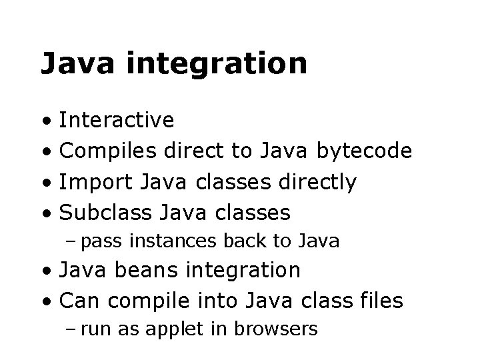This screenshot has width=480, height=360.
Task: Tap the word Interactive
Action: [117, 121]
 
